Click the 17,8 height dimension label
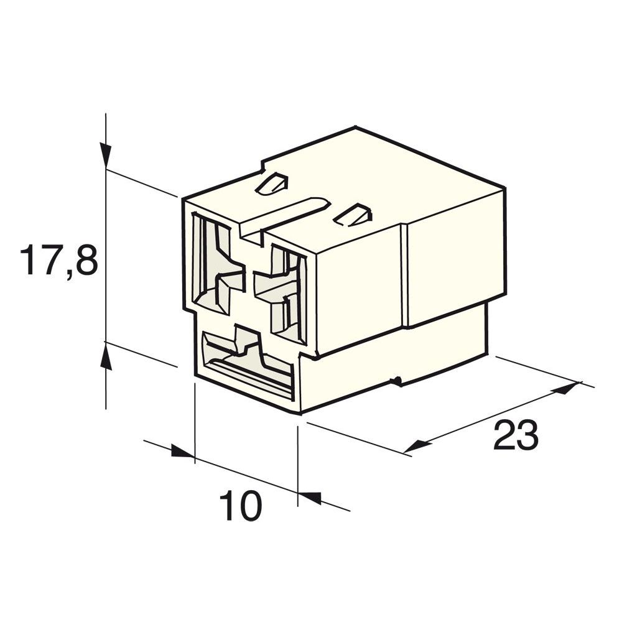click(x=58, y=261)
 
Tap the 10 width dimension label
click(x=240, y=506)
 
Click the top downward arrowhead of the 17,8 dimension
click(x=106, y=155)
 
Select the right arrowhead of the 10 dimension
click(x=310, y=498)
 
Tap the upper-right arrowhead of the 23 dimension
click(x=565, y=388)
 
